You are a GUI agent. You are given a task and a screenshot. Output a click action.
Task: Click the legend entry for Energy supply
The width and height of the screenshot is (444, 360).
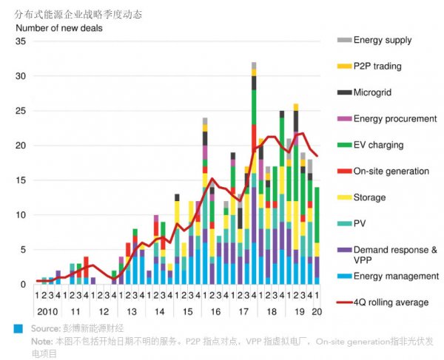click(383, 40)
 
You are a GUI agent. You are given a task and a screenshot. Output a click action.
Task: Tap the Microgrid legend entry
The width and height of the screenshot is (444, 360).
click(376, 92)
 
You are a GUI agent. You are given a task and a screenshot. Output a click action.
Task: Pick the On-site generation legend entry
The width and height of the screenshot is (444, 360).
click(391, 171)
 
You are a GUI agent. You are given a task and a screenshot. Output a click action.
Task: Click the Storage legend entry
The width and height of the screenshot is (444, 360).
click(369, 197)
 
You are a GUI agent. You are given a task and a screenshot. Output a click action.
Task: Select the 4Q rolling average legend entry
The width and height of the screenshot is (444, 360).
click(391, 302)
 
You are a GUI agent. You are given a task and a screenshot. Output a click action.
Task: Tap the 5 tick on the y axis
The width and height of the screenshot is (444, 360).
click(23, 250)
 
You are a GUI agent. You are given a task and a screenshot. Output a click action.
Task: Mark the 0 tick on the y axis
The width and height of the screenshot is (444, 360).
click(23, 285)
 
